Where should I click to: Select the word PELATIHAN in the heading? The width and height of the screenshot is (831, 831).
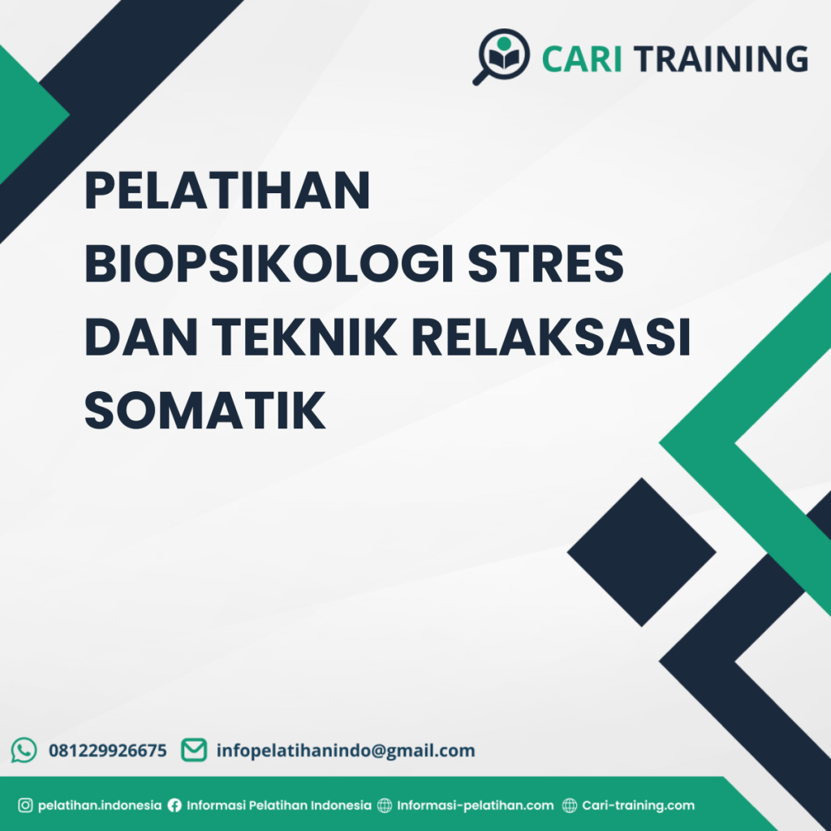point(227,192)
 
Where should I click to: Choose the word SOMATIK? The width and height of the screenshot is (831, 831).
point(205,410)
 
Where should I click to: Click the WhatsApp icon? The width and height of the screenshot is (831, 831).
point(24,750)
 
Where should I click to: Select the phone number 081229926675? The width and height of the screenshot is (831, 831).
point(108,751)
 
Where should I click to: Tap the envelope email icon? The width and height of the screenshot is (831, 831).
point(193,750)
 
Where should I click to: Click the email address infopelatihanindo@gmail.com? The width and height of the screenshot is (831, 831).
point(346,751)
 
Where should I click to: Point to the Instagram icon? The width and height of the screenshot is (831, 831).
point(25,806)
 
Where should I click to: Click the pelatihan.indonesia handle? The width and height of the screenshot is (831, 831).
point(100,806)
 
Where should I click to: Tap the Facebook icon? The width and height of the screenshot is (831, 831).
point(174,806)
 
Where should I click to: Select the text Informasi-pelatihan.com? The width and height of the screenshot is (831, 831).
point(476,806)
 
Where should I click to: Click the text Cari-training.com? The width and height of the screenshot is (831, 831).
point(639,806)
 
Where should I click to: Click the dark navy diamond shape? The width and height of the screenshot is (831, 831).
point(641,552)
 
